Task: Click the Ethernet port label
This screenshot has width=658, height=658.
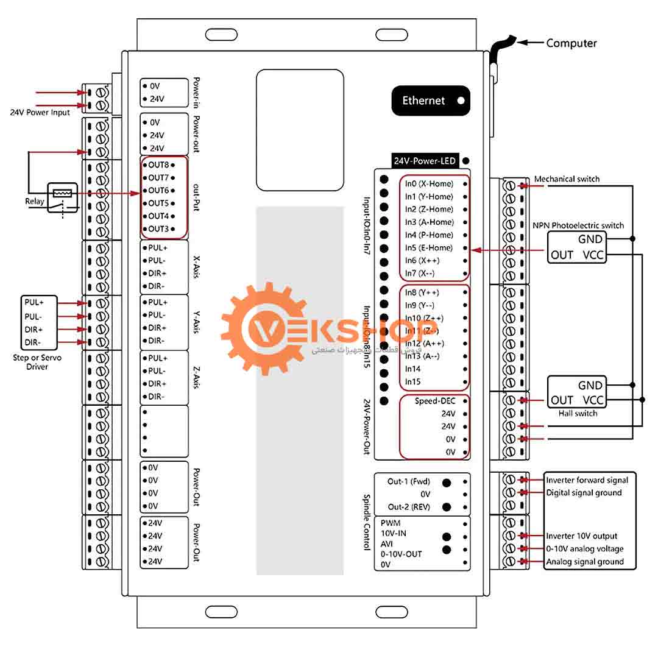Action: (423, 101)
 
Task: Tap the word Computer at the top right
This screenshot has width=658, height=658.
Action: (571, 43)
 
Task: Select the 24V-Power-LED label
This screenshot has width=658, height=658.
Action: (425, 161)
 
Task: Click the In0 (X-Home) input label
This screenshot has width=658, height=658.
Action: (429, 184)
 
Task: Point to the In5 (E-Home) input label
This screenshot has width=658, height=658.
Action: (429, 248)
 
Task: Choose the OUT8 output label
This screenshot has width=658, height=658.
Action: (158, 165)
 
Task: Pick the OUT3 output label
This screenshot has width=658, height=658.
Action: (158, 229)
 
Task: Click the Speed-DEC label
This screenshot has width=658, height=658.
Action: (435, 401)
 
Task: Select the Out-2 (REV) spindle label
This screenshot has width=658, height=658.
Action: (409, 507)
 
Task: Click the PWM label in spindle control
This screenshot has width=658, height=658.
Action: (390, 523)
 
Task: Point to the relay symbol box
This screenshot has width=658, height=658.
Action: (62, 197)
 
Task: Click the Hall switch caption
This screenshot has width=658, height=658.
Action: (578, 414)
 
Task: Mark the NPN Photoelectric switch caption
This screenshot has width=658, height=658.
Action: (578, 225)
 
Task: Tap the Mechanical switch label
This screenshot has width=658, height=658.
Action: (567, 179)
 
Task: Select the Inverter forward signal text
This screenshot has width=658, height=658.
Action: (587, 480)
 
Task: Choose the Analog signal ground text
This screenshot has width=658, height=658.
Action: (584, 562)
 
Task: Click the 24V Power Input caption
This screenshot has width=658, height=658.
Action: (40, 113)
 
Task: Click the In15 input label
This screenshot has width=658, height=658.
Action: (414, 382)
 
